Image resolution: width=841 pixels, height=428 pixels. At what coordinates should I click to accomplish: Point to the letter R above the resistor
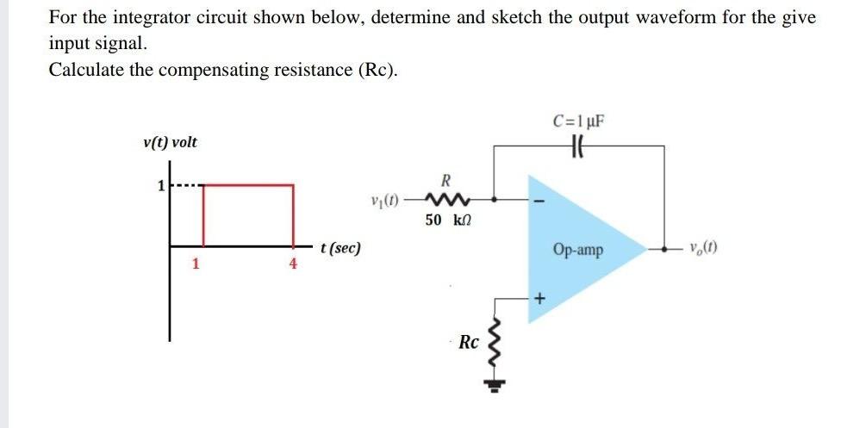[x=445, y=181]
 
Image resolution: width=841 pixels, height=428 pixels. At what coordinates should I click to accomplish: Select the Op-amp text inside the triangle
[x=578, y=251]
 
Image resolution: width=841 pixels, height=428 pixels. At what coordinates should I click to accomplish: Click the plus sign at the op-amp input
[x=540, y=299]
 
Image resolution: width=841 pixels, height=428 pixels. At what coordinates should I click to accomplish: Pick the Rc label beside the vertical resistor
[x=469, y=342]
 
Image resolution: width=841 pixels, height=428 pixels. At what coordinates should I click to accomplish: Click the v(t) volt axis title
[x=170, y=142]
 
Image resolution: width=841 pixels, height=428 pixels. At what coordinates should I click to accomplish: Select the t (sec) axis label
[x=340, y=249]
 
